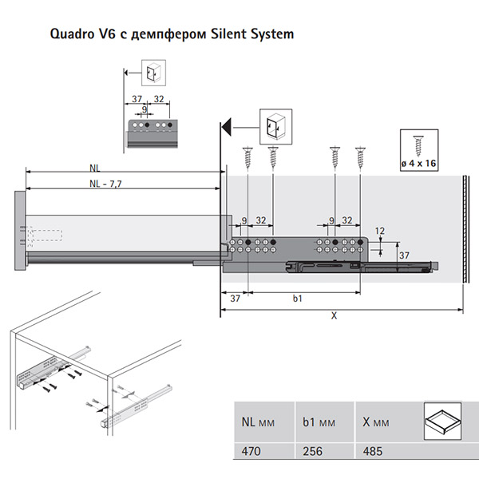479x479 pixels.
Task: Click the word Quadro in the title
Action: [x=73, y=34]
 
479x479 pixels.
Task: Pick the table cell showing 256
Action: [x=313, y=451]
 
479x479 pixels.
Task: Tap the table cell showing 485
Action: [x=372, y=451]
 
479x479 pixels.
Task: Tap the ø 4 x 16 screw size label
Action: [x=418, y=164]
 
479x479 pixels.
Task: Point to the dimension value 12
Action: [x=380, y=231]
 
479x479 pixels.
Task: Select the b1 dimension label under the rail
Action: [x=297, y=299]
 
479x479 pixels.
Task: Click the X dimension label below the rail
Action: [x=335, y=315]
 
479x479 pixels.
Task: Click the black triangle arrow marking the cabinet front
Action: [x=227, y=126]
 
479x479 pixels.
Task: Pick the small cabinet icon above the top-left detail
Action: [x=152, y=73]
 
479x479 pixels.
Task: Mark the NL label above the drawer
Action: [x=95, y=168]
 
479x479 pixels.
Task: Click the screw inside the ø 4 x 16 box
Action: [x=418, y=144]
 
